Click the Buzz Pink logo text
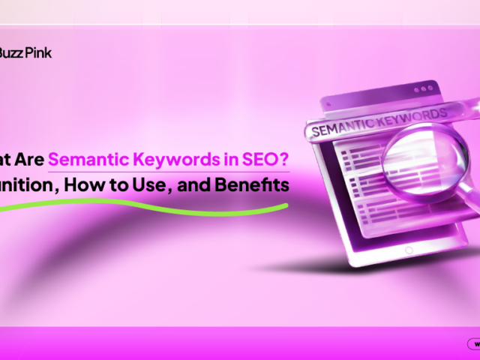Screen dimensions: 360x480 pos(26,53)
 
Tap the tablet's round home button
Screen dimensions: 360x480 pos(409,250)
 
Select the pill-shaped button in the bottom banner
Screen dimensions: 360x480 pos(473,344)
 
